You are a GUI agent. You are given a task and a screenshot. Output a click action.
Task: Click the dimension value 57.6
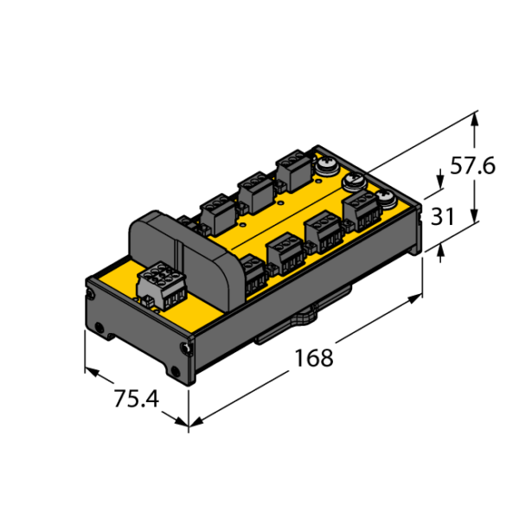[472, 166]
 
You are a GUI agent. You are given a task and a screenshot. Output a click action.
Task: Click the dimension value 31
[443, 216]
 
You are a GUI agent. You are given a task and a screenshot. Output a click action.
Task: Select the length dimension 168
[314, 358]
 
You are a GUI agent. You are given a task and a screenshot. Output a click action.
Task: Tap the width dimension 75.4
[137, 399]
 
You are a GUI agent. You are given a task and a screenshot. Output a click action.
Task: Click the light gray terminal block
[161, 286]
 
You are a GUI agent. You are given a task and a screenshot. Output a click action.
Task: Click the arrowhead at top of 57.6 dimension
[475, 119]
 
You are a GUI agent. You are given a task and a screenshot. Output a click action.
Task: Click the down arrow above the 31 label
[440, 182]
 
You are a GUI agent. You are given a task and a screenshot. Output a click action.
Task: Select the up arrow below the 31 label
[440, 251]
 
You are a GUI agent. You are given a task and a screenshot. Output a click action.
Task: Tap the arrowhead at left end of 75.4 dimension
[92, 371]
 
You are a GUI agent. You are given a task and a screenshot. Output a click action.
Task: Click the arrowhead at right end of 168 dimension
[414, 298]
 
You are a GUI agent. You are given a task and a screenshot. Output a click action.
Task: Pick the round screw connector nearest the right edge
[385, 199]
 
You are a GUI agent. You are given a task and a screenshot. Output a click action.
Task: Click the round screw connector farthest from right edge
[327, 166]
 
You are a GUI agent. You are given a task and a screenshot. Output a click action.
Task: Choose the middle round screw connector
[354, 182]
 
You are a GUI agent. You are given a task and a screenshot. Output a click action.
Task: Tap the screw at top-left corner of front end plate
[90, 293]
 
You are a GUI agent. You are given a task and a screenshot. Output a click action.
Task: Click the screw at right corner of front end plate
[186, 349]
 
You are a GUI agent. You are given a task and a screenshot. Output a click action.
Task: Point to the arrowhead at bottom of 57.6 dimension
[475, 215]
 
